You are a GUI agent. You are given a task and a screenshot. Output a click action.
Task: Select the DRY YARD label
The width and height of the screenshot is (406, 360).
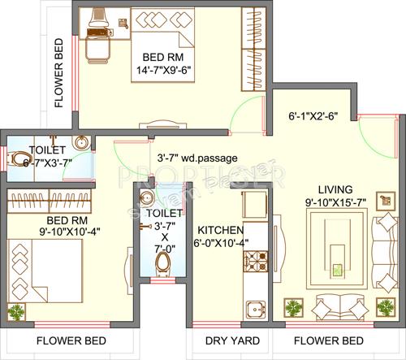tap(231, 340)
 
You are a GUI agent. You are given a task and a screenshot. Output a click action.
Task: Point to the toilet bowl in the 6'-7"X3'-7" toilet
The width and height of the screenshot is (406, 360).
tap(18, 158)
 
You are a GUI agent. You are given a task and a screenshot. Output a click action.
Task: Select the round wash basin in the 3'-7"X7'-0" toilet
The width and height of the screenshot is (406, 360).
tap(146, 199)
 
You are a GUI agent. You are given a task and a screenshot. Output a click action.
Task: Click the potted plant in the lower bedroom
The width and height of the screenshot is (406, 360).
tap(16, 311)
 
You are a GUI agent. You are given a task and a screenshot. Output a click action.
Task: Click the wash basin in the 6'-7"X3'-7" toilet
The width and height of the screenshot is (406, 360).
tap(80, 145)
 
